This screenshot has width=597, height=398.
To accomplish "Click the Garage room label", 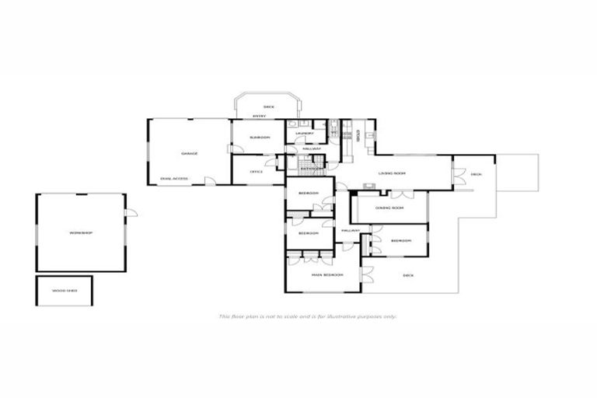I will point(190,154).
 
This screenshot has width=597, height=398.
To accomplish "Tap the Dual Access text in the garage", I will point(174,179).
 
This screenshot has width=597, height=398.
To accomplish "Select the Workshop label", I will point(81,233).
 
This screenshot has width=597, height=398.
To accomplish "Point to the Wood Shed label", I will point(64,291).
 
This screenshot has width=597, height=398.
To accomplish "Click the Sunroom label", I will point(260,138).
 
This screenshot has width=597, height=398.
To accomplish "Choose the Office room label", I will point(256,172).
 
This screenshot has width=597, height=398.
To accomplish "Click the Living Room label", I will point(393,173).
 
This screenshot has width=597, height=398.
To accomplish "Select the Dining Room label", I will point(389,208).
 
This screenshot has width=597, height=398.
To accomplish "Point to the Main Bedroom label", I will point(326,275).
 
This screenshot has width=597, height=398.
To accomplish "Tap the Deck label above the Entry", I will point(268,106).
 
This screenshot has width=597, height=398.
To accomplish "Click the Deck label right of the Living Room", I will point(476,174).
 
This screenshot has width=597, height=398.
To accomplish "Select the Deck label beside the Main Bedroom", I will point(408,275).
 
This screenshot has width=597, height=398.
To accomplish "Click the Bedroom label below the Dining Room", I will point(400,241).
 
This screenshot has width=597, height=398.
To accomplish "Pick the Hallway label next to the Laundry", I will point(312,148).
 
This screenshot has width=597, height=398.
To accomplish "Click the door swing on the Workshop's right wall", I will point(132,211).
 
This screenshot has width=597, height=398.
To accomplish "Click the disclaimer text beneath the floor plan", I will point(308,316).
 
